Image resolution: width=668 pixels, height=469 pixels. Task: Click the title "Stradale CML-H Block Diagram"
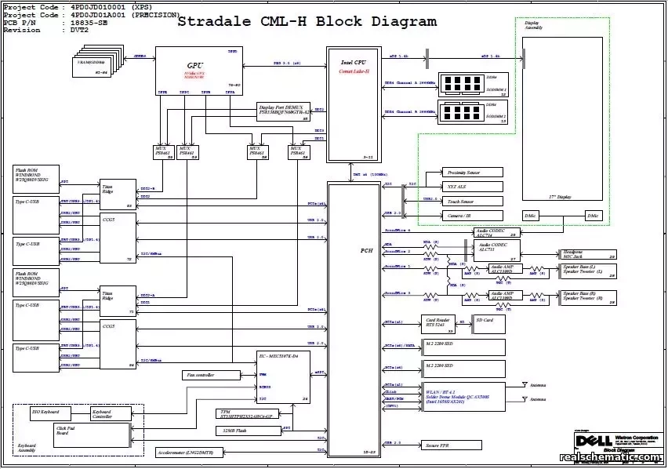[307, 22]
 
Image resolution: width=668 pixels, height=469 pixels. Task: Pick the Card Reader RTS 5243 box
[439, 322]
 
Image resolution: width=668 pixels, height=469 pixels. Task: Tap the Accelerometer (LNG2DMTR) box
[191, 453]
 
